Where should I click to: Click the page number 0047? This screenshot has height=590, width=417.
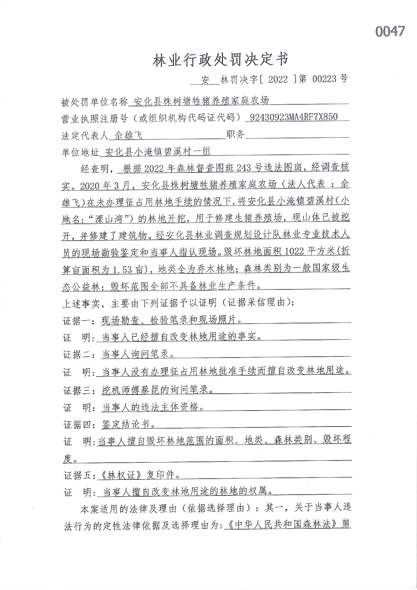tap(390, 31)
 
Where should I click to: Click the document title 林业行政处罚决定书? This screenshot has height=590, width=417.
tap(220, 60)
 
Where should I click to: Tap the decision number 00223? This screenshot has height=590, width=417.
tap(324, 79)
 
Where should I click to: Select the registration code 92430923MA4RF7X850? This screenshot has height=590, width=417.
tap(293, 117)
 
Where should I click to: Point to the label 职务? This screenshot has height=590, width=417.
tap(235, 135)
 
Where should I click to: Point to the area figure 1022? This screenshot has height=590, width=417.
tap(294, 252)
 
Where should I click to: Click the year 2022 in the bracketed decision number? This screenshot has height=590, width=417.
tap(278, 79)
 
